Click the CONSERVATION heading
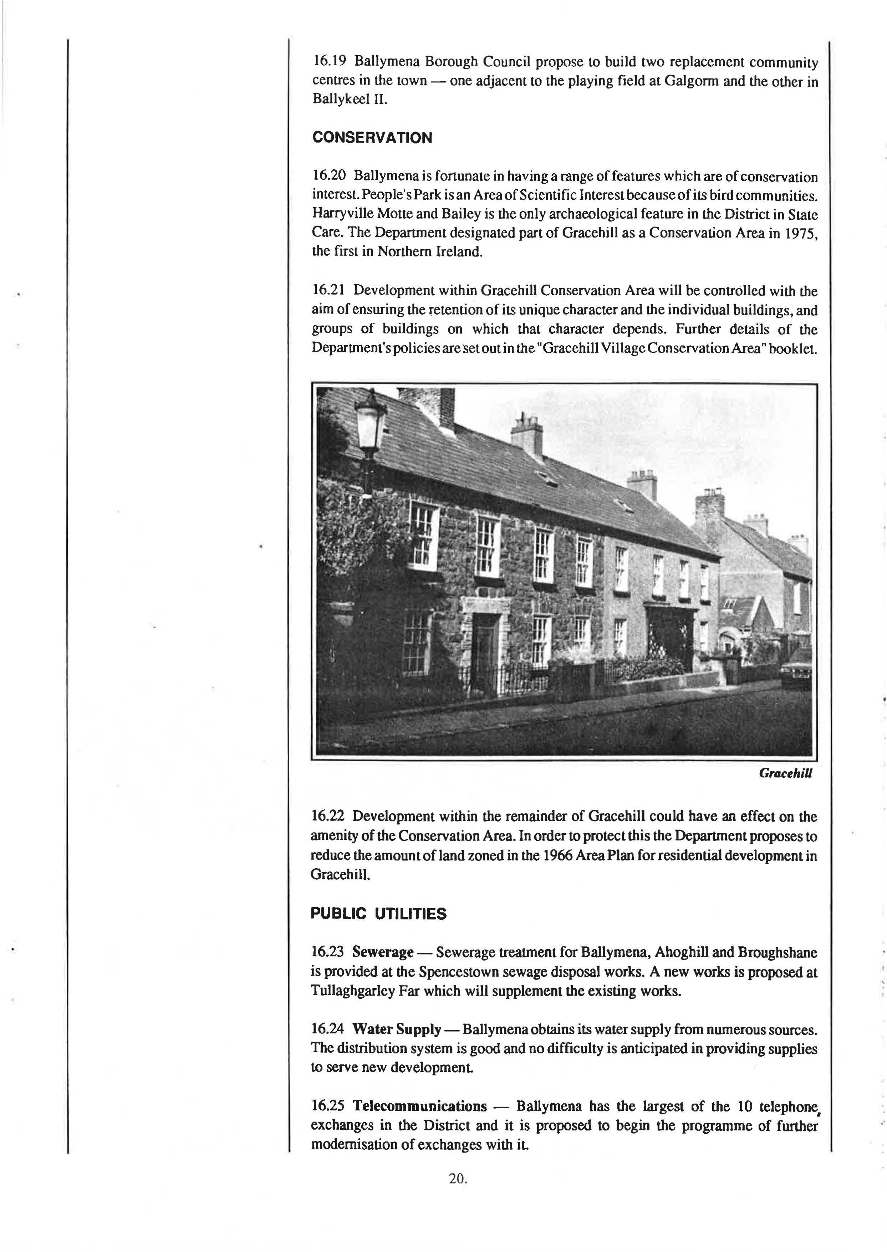[372, 138]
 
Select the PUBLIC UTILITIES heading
[378, 914]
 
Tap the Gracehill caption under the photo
[785, 773]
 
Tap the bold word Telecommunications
[419, 1106]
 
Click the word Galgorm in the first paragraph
[693, 81]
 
